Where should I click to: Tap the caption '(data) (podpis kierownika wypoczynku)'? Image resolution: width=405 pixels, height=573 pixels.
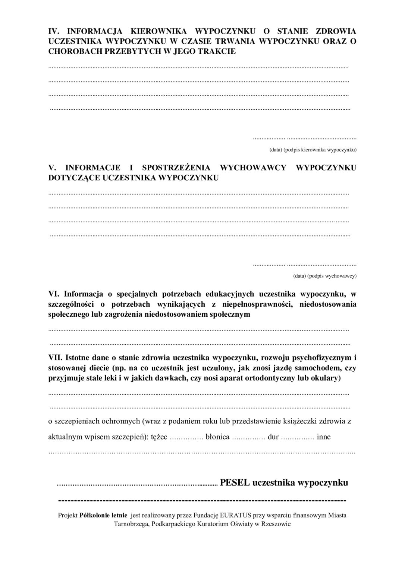[x=313, y=150]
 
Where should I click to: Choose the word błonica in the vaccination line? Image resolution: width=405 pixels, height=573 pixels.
[x=217, y=437]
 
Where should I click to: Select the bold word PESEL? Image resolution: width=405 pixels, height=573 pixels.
[x=235, y=482]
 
